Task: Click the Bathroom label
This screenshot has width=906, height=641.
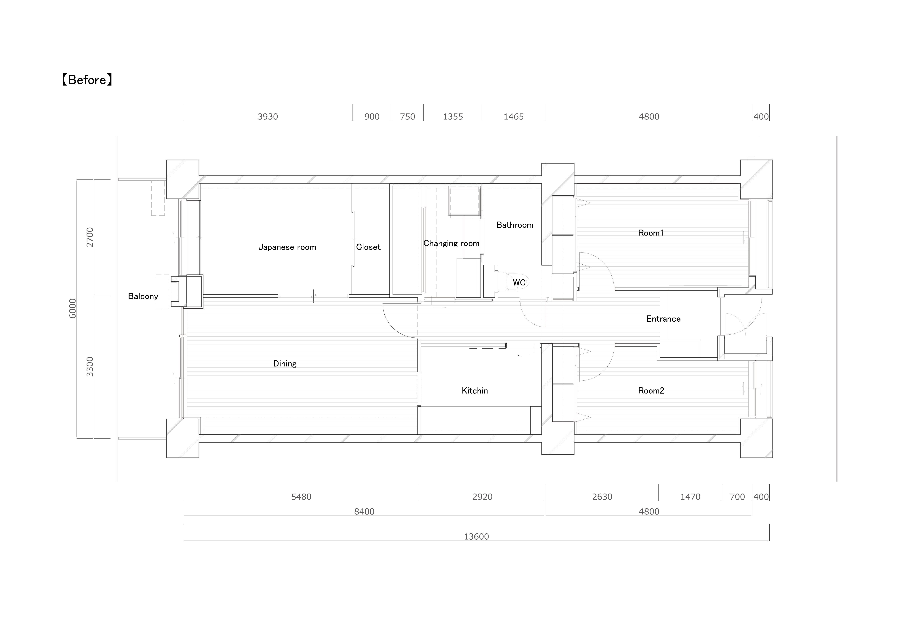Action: pyautogui.click(x=515, y=225)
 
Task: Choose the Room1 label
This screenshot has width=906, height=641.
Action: pyautogui.click(x=650, y=233)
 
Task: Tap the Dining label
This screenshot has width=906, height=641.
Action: pyautogui.click(x=285, y=363)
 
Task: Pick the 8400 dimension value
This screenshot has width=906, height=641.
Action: pyautogui.click(x=364, y=511)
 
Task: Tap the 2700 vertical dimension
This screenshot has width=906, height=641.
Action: pyautogui.click(x=90, y=237)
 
